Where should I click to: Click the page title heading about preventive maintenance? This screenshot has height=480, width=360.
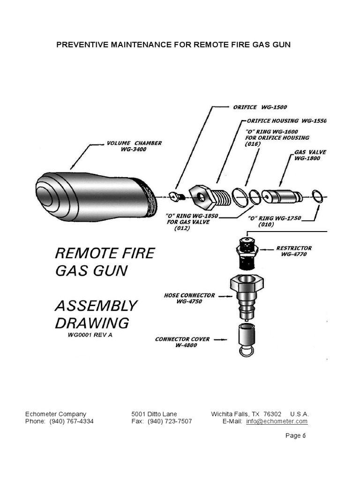[173, 45]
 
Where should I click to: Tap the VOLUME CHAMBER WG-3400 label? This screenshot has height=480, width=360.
[134, 146]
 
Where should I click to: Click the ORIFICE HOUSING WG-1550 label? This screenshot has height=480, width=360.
[286, 121]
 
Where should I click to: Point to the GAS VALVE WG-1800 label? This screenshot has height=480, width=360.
[310, 155]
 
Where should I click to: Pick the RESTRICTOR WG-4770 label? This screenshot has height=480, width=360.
[294, 251]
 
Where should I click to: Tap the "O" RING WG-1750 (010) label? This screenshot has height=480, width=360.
[274, 221]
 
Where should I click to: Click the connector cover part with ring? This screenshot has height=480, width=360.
[246, 340]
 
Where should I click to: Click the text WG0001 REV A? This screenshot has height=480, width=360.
[90, 336]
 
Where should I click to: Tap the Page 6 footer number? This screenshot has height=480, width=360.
[295, 435]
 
